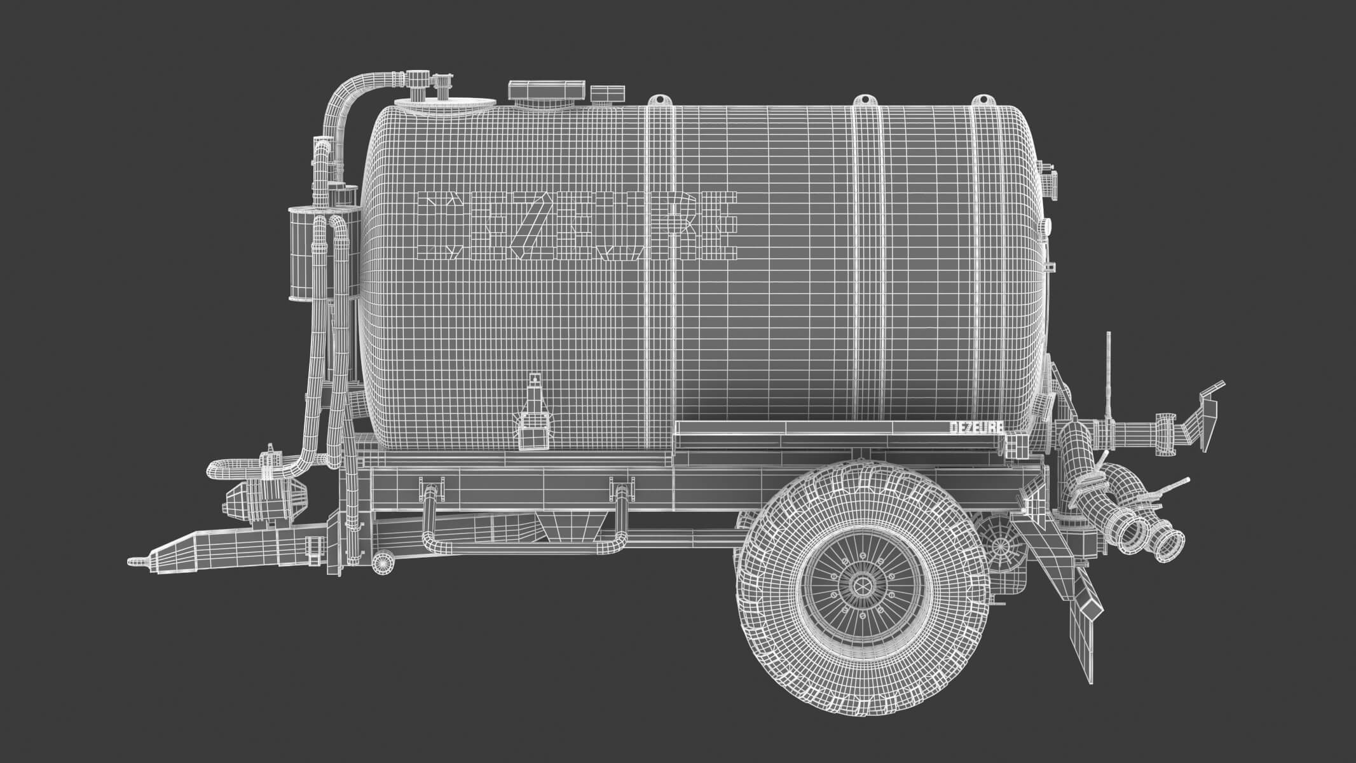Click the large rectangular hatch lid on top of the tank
[x=547, y=91]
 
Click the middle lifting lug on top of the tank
[x=863, y=100]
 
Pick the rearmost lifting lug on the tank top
[x=983, y=100]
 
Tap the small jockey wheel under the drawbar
[x=382, y=562]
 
